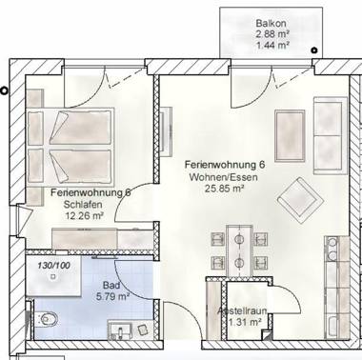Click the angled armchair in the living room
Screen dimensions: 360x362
pos(298,198)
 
